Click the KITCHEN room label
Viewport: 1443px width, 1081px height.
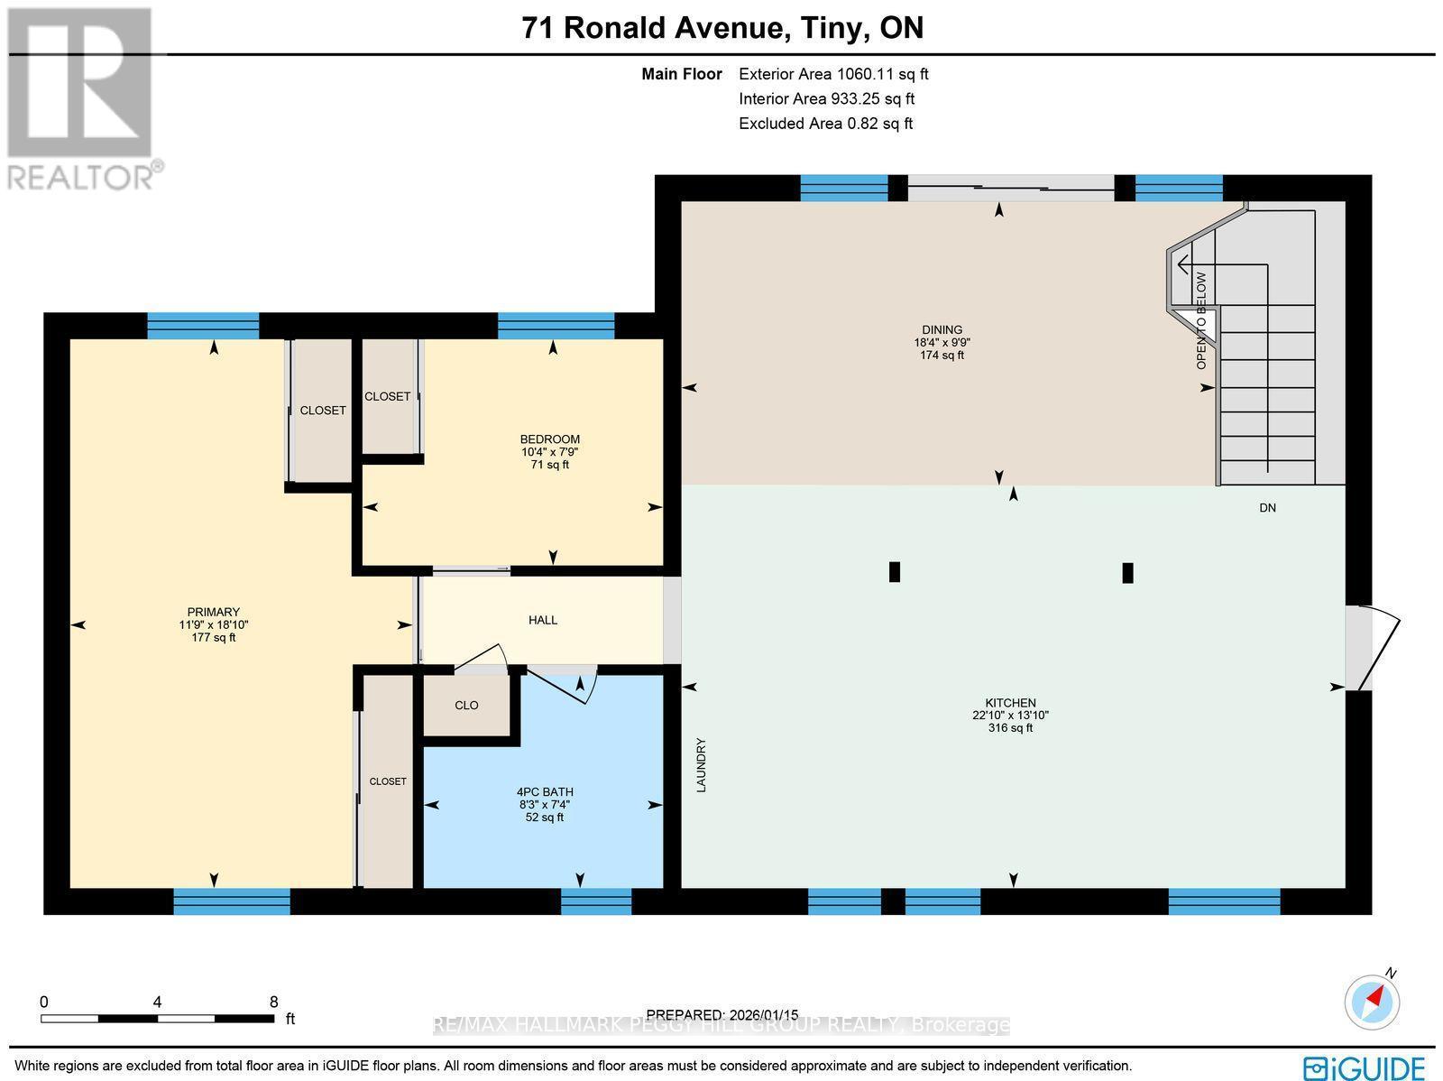1009,703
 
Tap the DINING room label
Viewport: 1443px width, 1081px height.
942,330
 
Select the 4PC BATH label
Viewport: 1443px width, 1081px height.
545,792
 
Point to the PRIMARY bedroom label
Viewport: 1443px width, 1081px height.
214,612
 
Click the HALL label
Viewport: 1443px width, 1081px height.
543,620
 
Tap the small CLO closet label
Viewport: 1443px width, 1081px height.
466,706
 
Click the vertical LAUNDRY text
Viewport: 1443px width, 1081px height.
702,765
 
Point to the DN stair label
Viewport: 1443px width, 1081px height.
1267,508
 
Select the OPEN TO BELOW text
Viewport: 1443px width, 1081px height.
1201,320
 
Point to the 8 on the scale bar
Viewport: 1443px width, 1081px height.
274,1002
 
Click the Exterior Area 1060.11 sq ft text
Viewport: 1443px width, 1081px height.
832,75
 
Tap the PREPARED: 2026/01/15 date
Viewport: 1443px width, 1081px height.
722,1015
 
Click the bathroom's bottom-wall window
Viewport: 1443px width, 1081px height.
596,901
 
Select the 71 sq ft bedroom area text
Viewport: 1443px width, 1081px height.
550,465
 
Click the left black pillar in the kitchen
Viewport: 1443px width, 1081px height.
895,572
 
